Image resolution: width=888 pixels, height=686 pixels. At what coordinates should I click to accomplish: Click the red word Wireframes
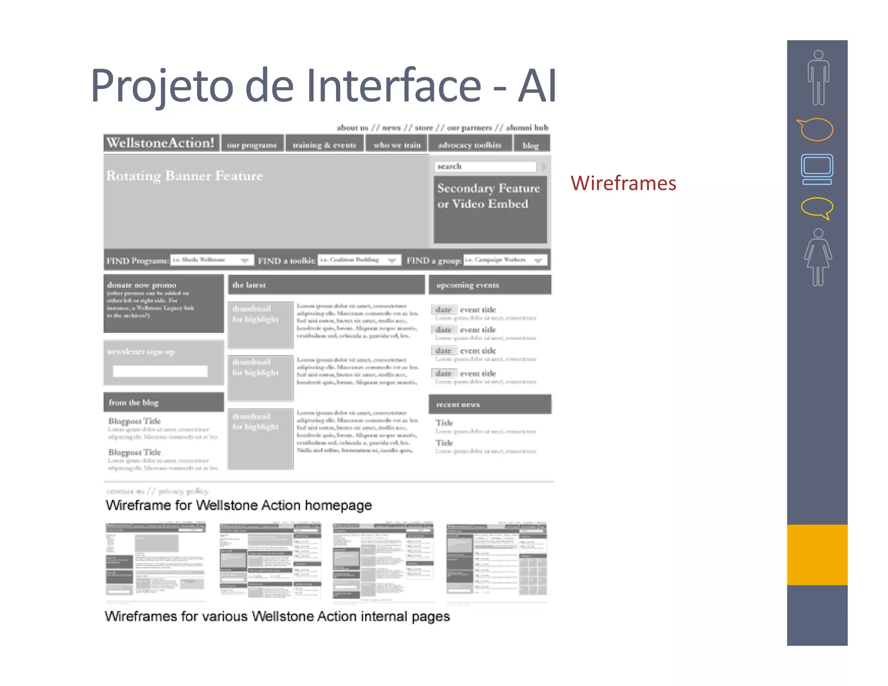click(623, 183)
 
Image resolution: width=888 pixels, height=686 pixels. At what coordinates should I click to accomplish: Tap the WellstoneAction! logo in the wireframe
click(161, 143)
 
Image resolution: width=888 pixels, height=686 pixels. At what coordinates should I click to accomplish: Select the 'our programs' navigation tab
click(252, 144)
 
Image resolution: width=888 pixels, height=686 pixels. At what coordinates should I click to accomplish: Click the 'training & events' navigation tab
click(324, 144)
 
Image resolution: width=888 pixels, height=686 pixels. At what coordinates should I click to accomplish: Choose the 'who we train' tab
click(397, 144)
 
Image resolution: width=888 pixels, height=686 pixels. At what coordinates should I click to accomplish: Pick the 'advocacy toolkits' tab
click(470, 144)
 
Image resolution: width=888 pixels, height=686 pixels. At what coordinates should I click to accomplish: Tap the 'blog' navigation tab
click(531, 145)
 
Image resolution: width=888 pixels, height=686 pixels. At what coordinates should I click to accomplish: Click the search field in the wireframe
click(485, 167)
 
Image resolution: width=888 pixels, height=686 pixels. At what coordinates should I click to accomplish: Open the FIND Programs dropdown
click(212, 260)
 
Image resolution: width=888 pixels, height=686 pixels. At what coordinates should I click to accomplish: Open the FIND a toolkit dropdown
click(359, 260)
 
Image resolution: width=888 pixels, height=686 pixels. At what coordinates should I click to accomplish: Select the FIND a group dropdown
click(505, 260)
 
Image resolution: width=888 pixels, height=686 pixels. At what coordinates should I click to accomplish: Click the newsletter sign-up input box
click(160, 371)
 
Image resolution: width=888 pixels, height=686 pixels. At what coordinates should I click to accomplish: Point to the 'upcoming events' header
click(490, 285)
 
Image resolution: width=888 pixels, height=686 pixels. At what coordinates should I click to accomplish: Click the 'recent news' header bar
click(490, 404)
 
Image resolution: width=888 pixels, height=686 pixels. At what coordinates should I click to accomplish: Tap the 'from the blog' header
click(163, 402)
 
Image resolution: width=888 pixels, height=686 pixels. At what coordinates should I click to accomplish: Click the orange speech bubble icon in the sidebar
click(816, 129)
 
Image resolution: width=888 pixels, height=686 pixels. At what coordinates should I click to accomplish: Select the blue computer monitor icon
click(817, 169)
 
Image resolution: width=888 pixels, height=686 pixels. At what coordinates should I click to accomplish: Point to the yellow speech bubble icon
click(817, 208)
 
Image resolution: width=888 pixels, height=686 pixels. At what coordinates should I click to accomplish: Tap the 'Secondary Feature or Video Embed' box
click(490, 209)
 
